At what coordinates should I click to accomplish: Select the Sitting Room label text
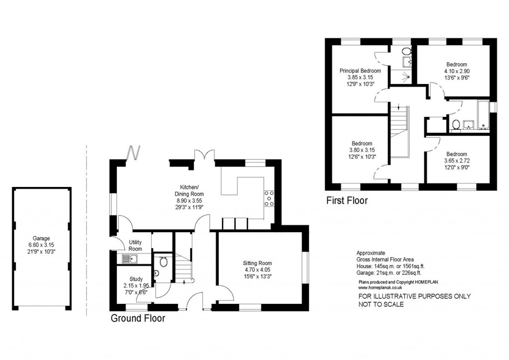tap(257, 263)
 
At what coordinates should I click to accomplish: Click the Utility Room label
tap(135, 245)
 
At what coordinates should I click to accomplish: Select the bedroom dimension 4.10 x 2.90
tap(456, 71)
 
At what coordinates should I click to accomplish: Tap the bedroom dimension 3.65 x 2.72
tap(456, 161)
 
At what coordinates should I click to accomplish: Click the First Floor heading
tap(346, 201)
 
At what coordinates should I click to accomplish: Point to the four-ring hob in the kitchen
tap(269, 198)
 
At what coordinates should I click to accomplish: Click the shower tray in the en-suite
tap(407, 77)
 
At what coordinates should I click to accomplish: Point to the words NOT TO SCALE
tap(381, 304)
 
